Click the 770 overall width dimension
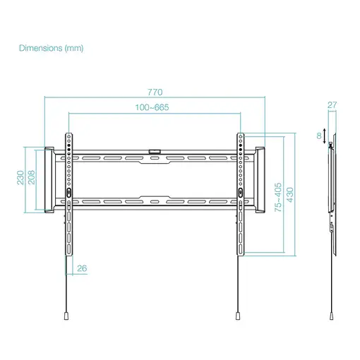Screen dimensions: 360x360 [x=155, y=92]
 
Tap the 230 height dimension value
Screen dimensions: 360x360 [x=22, y=176]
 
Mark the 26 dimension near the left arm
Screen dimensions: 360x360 [x=82, y=268]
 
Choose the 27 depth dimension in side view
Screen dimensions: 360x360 [x=332, y=105]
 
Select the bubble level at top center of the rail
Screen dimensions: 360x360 [x=155, y=150]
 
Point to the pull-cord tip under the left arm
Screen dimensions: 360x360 [x=66, y=316]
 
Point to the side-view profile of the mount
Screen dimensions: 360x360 [x=331, y=191]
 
